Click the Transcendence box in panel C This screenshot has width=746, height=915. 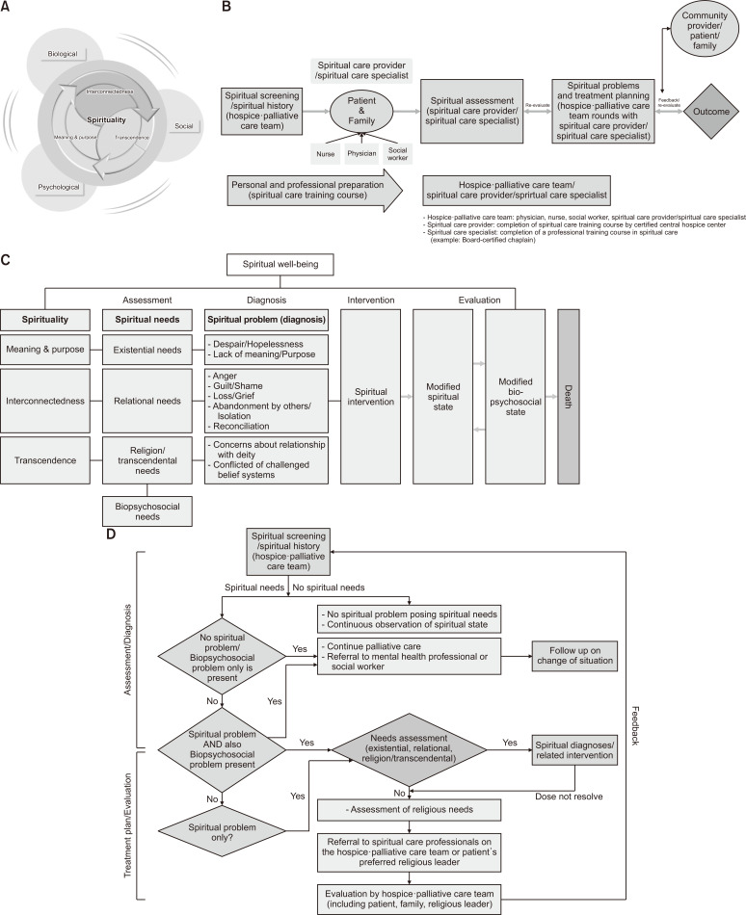pos(48,460)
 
